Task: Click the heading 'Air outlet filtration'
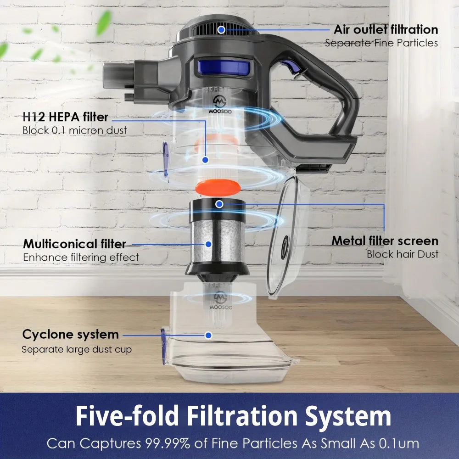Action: pyautogui.click(x=386, y=29)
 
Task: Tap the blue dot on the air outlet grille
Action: pyautogui.click(x=222, y=29)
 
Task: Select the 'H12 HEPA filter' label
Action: pyautogui.click(x=66, y=117)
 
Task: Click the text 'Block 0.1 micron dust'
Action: pyautogui.click(x=75, y=130)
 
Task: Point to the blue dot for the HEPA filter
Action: pyautogui.click(x=205, y=160)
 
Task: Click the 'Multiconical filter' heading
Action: pyautogui.click(x=74, y=244)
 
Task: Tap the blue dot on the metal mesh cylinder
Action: pyautogui.click(x=208, y=244)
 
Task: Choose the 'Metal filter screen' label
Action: pyautogui.click(x=385, y=241)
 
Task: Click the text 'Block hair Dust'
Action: pyautogui.click(x=403, y=254)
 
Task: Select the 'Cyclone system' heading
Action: pyautogui.click(x=71, y=334)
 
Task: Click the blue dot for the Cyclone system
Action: pyautogui.click(x=208, y=336)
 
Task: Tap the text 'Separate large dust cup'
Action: pyautogui.click(x=77, y=349)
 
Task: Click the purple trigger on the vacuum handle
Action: pyautogui.click(x=290, y=67)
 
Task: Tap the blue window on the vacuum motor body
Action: pyautogui.click(x=224, y=67)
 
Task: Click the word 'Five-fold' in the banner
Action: pyautogui.click(x=128, y=416)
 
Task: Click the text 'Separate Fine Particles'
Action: pyautogui.click(x=381, y=43)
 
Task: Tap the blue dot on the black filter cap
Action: pyautogui.click(x=219, y=204)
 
